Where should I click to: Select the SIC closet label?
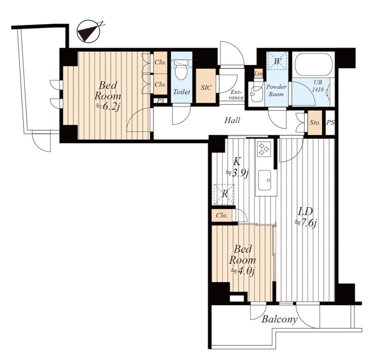[x=206, y=88]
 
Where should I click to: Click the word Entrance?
[x=237, y=95]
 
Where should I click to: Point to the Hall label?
[x=232, y=120]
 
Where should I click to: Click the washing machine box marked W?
[x=278, y=61]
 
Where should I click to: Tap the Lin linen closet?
[x=258, y=74]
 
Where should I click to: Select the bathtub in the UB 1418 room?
[x=313, y=64]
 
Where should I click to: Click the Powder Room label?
[x=276, y=90]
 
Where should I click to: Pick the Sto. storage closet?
[x=315, y=122]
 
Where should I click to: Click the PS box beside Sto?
[x=330, y=122]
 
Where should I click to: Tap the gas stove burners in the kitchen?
[x=264, y=148]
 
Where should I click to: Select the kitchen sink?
[x=265, y=180]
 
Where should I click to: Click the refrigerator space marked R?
[x=224, y=194]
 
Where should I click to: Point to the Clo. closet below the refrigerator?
[x=222, y=215]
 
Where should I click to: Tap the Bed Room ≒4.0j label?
[x=243, y=260]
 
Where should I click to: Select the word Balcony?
[x=280, y=319]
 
